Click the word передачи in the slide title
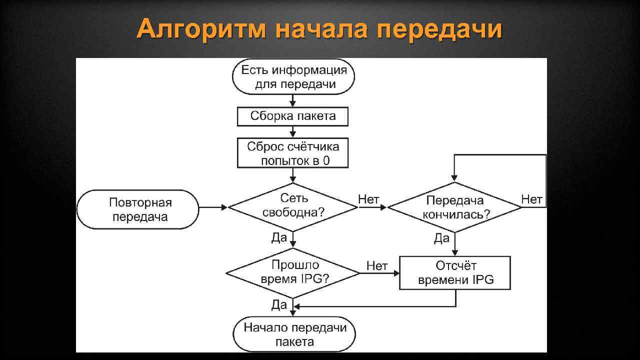coord(439,29)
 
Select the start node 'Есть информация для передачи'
coord(293,77)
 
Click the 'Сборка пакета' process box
coord(292,116)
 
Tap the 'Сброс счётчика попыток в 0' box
coord(292,153)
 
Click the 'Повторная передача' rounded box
coord(138,209)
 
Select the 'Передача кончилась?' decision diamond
coord(454,207)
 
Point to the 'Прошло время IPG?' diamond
coord(292,272)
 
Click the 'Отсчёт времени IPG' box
coord(455,273)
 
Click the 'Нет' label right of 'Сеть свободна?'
coord(368,199)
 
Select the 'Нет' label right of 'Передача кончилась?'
coord(531,199)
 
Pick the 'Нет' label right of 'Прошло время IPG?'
coord(376,266)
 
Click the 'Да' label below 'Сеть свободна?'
coord(279,238)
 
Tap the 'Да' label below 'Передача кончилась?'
coord(441,238)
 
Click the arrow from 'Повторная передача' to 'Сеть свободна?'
coord(213,207)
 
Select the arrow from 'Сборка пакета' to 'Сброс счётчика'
coord(293,132)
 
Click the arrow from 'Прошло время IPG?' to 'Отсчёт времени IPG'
coord(379,273)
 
